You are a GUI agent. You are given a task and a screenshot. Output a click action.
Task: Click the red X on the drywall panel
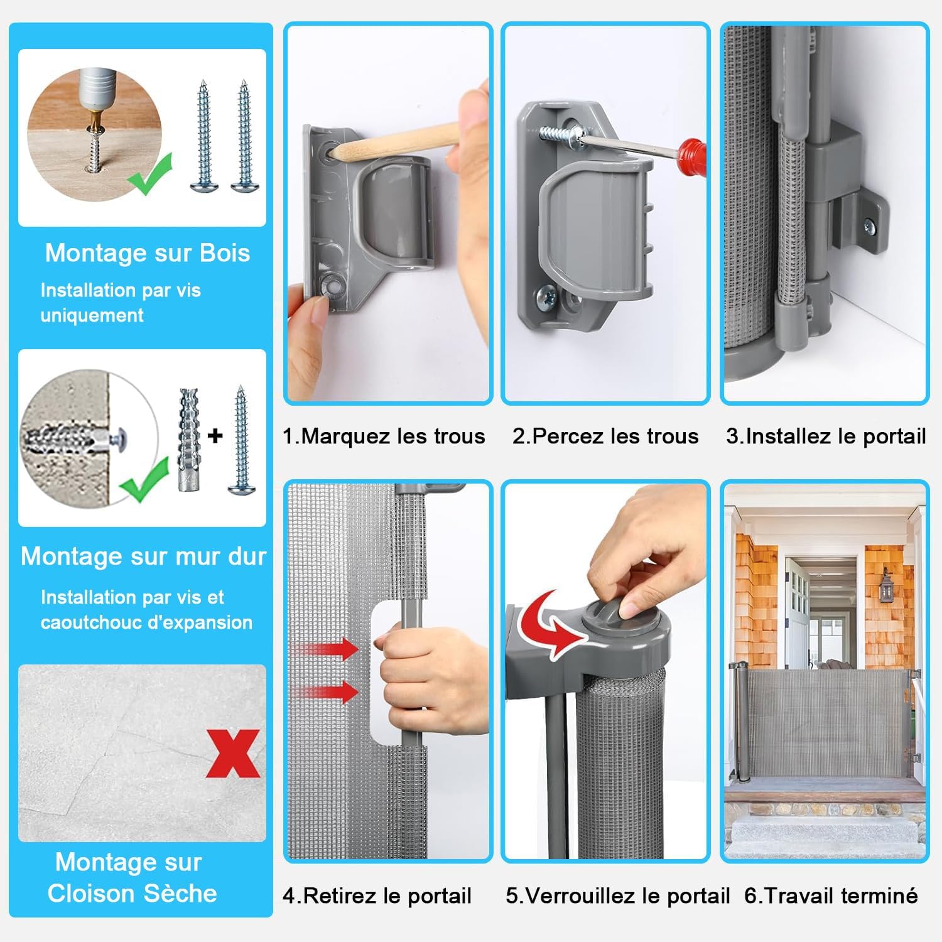[232, 753]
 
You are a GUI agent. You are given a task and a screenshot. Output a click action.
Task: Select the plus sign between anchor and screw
[215, 435]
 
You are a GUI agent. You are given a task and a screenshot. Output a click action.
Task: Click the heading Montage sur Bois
[148, 253]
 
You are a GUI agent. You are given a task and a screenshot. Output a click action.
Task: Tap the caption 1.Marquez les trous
[384, 436]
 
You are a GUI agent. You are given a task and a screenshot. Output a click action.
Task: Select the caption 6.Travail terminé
[831, 895]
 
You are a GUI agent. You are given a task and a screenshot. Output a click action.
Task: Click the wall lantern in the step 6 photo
[886, 586]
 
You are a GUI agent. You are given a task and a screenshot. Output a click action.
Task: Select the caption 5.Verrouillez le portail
[617, 896]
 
